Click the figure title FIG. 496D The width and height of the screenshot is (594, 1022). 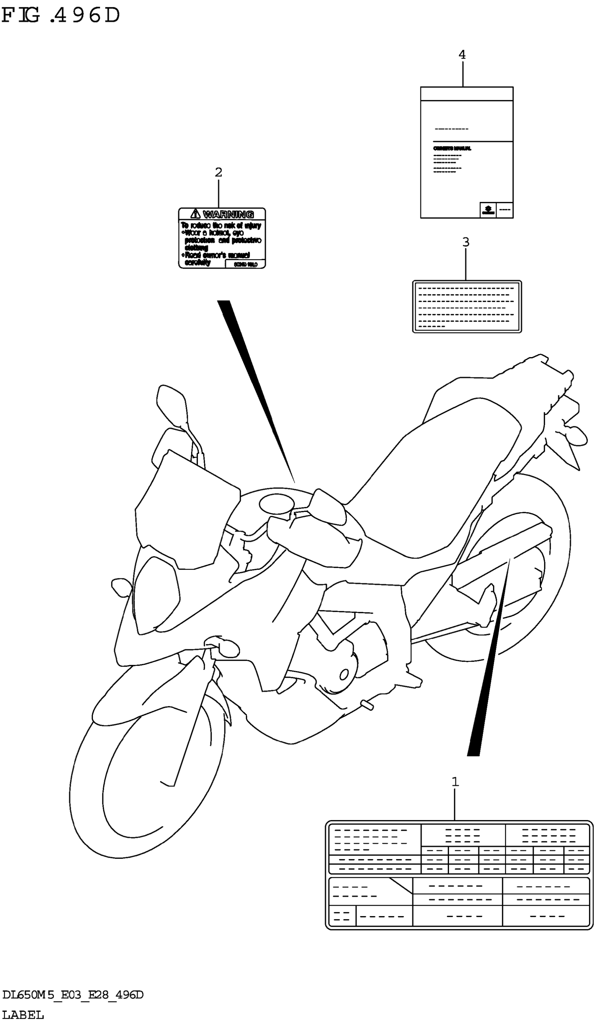pyautogui.click(x=61, y=15)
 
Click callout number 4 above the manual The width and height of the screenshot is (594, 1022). pyautogui.click(x=462, y=55)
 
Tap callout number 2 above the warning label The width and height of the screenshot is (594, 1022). pyautogui.click(x=218, y=172)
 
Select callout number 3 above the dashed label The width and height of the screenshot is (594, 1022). pyautogui.click(x=465, y=242)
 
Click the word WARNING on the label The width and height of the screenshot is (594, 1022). pyautogui.click(x=228, y=214)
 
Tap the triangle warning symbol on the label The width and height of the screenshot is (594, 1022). pyautogui.click(x=195, y=214)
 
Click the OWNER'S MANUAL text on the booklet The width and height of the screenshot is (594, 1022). pyautogui.click(x=452, y=148)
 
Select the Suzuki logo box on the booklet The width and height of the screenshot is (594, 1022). pyautogui.click(x=488, y=210)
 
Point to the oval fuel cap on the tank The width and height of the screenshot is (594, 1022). pyautogui.click(x=276, y=504)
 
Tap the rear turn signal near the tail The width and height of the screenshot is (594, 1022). pyautogui.click(x=576, y=436)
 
